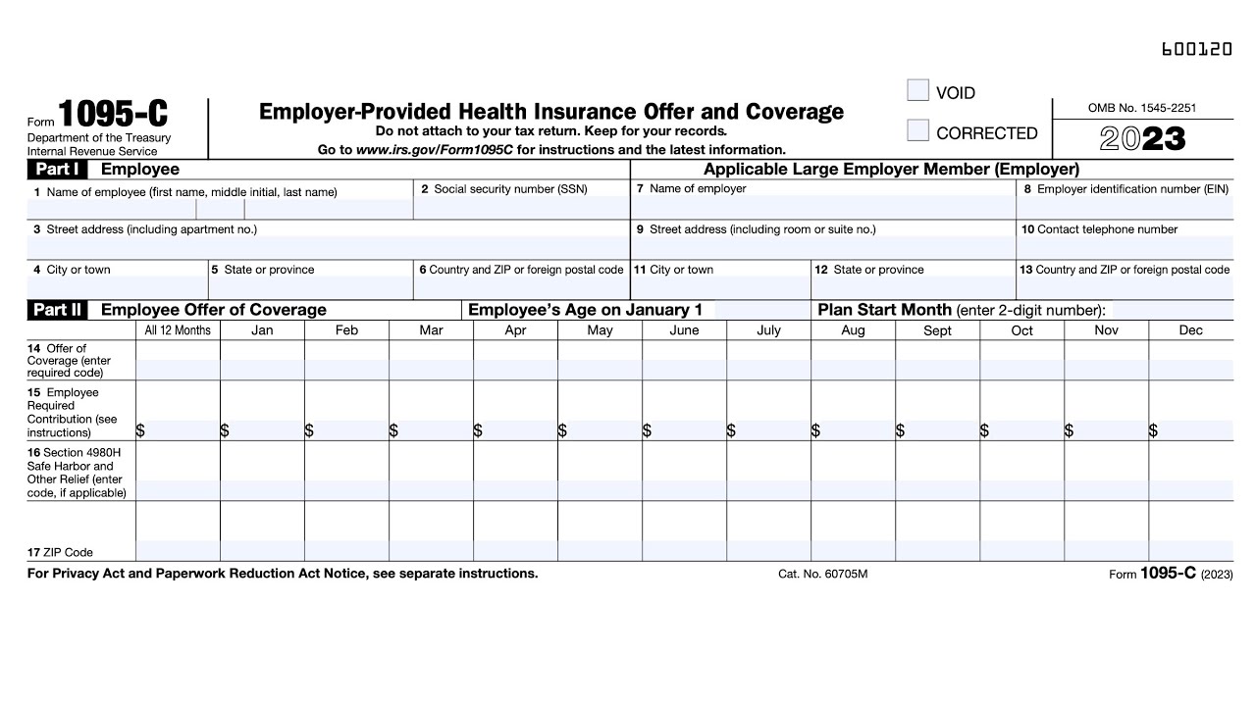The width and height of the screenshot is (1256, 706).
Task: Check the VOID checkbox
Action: coord(917,91)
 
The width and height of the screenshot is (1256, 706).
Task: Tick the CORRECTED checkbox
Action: coord(917,130)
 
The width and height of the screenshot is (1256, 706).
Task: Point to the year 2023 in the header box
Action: coord(1142,139)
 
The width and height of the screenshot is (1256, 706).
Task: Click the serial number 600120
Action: coord(1196,49)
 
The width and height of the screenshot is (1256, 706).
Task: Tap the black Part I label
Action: coord(57,170)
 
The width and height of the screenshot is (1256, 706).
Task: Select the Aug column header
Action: coord(853,330)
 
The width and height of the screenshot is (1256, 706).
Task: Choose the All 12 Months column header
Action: coord(178,330)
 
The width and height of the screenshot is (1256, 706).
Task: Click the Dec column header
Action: coord(1190,330)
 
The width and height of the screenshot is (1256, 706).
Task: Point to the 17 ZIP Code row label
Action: coord(61,552)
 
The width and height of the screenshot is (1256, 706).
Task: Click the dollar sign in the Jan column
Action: coord(225,430)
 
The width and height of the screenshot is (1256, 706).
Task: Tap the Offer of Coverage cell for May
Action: coord(600,370)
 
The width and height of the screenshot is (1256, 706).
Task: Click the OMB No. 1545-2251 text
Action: coord(1142,108)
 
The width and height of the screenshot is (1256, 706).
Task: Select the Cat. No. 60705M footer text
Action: coord(822,575)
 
